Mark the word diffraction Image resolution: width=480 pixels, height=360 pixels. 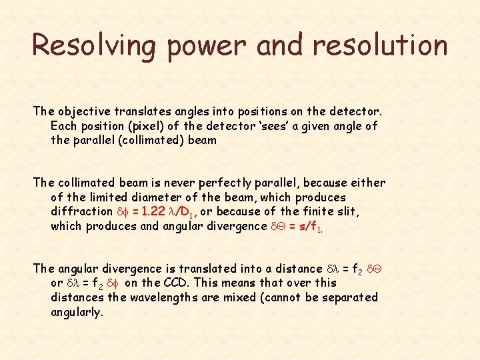pos(82,211)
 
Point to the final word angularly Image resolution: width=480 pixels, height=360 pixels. pos(77,312)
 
